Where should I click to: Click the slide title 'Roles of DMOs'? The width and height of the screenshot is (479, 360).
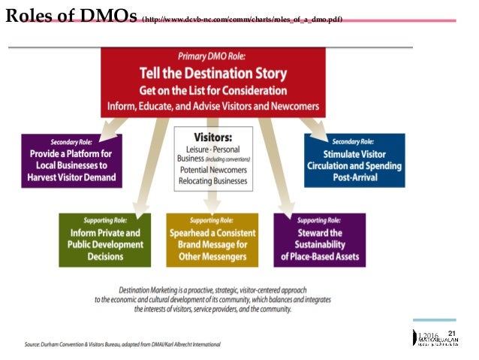(x=71, y=16)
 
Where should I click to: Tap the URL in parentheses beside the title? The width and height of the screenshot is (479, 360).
(x=242, y=18)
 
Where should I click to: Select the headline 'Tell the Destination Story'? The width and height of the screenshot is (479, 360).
(x=213, y=73)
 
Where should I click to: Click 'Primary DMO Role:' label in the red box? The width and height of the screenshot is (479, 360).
(x=213, y=56)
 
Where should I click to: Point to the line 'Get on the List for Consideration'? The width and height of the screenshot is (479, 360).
(x=213, y=89)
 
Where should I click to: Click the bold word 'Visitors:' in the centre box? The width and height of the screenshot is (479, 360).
(x=212, y=138)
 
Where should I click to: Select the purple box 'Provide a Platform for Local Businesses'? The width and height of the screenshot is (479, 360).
(x=72, y=161)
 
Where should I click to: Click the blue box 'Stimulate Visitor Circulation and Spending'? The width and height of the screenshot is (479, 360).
(x=354, y=161)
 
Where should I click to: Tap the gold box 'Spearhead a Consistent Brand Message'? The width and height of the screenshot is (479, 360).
(x=212, y=240)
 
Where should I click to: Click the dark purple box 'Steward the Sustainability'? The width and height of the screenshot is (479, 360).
(x=320, y=240)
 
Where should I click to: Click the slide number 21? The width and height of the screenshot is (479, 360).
(x=451, y=333)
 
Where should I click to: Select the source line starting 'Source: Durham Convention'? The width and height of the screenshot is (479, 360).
(x=122, y=343)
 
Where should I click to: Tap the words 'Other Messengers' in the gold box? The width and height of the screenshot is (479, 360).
(x=212, y=256)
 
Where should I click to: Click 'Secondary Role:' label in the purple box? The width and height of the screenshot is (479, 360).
(x=72, y=141)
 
